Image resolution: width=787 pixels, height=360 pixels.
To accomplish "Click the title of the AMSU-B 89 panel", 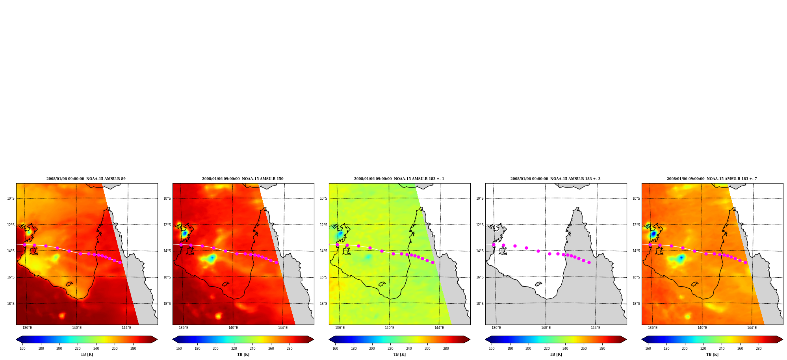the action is pos(86,179).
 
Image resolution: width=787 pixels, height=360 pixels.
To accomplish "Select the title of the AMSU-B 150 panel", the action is pos(243,179).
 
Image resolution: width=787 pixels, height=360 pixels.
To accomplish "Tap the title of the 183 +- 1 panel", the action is pos(399,179).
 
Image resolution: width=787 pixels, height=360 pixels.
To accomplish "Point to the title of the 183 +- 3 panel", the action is pos(555,179).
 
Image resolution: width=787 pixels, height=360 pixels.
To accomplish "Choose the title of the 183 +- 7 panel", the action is pos(712,179).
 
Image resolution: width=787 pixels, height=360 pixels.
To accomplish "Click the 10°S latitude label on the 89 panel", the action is pos(11,199).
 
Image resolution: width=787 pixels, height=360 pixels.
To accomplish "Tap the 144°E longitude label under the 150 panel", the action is pos(282,328).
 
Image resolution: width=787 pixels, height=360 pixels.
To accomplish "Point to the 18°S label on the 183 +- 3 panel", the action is pos(480,304).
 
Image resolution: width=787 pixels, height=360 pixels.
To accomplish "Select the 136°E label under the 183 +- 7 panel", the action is pos(652,328).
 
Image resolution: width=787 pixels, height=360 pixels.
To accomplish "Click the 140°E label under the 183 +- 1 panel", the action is pos(389,328).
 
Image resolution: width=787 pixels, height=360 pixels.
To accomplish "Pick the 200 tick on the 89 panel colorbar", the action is pos(59,349).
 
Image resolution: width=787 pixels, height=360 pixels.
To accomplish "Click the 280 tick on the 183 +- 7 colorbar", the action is pos(759,349).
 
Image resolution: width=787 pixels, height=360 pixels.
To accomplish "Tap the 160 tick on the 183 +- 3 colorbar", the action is pos(492,349).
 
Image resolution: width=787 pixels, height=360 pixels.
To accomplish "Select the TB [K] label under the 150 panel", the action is pos(243,354).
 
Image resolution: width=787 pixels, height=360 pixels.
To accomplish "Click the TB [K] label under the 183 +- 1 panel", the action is pos(399,354).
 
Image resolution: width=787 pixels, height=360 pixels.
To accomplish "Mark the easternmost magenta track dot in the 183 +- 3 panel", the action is pos(589,262).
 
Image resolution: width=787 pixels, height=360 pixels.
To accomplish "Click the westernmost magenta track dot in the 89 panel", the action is pos(24,245).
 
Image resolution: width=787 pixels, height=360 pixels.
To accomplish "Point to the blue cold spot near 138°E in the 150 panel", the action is pos(212,258).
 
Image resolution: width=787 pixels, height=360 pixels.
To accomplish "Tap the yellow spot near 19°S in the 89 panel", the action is pos(62,315).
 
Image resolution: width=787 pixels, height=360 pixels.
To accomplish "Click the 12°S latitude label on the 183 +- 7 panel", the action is pos(636,225).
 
